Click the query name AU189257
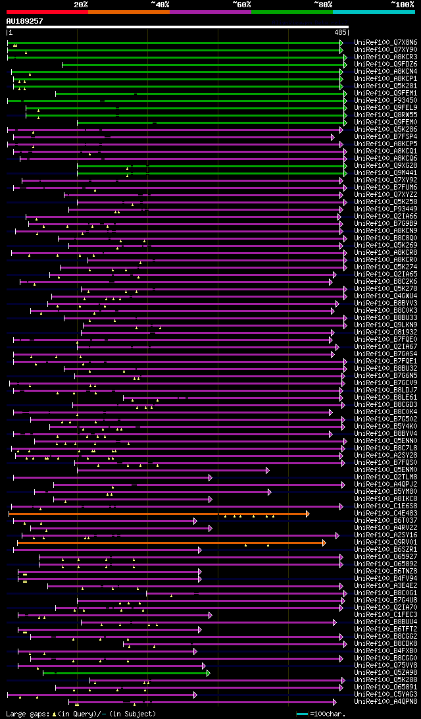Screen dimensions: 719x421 (24, 21)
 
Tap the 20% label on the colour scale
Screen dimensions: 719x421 (80, 4)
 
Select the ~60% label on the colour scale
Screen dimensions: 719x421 (241, 4)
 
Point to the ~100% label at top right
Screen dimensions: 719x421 (402, 4)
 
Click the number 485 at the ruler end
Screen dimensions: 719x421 (340, 32)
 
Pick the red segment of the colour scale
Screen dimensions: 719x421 (47, 12)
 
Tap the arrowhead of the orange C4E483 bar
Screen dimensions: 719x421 (307, 513)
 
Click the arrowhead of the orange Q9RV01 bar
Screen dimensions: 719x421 (324, 542)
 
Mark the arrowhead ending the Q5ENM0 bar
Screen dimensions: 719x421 (268, 469)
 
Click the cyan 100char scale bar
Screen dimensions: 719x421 (302, 713)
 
